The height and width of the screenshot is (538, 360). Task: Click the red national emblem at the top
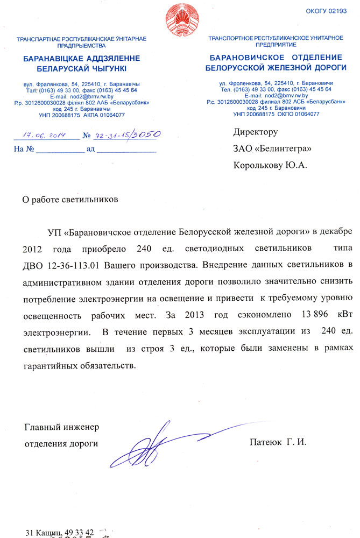(180, 19)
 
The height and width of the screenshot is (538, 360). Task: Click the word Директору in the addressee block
(255, 132)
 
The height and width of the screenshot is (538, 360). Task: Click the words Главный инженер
(62, 428)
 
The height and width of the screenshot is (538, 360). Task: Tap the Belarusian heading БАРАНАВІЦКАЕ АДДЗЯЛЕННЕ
(81, 58)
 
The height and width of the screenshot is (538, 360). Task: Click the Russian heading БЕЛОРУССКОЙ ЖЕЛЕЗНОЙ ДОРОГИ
(274, 67)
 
